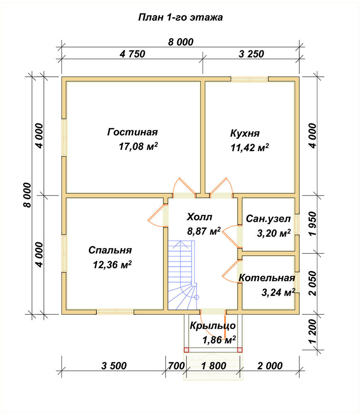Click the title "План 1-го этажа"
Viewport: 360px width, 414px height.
coord(180,17)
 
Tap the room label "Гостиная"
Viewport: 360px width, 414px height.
coord(132,132)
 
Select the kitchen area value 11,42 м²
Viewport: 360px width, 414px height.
coord(250,147)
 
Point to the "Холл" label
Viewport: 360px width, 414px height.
coord(199,217)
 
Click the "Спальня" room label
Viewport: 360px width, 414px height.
coord(110,250)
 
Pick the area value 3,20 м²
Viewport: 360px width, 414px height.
coord(274,233)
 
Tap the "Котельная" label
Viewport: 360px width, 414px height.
coord(266,278)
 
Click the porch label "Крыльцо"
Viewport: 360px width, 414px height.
coord(213,325)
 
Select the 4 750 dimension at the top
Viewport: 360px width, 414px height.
coord(132,54)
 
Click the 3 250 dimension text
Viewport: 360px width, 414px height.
coord(251,54)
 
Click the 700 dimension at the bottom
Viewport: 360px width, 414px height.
coord(176,366)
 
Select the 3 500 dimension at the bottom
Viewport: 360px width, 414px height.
coord(114,366)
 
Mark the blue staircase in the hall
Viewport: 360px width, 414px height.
coord(182,275)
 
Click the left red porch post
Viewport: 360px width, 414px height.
coord(186,350)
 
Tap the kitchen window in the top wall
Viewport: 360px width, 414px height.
coord(250,79)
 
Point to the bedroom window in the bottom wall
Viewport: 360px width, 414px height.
coord(115,312)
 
